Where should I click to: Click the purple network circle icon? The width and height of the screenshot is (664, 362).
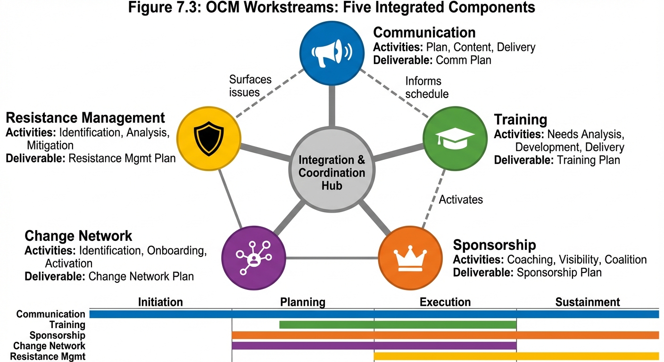[254, 258]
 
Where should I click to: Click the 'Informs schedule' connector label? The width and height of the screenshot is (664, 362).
[427, 87]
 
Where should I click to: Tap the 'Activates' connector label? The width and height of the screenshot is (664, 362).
[461, 199]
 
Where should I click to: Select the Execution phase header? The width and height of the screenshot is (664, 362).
[445, 302]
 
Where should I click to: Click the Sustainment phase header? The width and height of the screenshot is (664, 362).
[587, 302]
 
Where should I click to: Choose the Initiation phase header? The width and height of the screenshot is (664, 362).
[160, 302]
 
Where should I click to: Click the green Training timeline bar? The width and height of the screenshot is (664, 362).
[398, 325]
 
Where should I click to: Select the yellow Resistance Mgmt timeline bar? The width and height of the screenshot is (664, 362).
[516, 356]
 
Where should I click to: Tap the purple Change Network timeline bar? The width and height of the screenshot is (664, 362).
[374, 346]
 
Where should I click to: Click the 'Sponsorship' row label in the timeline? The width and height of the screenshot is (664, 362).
[57, 335]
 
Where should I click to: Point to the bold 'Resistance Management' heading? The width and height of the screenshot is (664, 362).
[85, 117]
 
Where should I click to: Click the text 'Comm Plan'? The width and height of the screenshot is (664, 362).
[463, 60]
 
